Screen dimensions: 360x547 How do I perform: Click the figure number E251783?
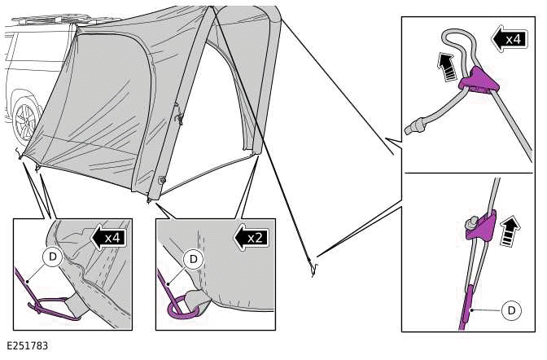[26, 346]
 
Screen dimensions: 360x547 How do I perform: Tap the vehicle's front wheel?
[24, 123]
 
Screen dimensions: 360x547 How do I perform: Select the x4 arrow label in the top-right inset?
[509, 38]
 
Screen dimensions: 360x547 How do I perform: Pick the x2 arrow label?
[252, 238]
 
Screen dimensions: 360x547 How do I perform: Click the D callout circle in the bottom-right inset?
[511, 310]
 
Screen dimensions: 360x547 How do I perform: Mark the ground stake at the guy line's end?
[313, 265]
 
